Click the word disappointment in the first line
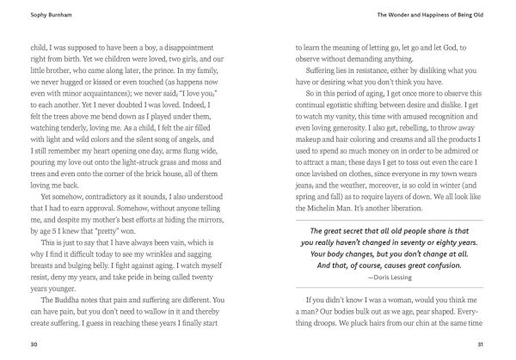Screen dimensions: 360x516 click(188, 49)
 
